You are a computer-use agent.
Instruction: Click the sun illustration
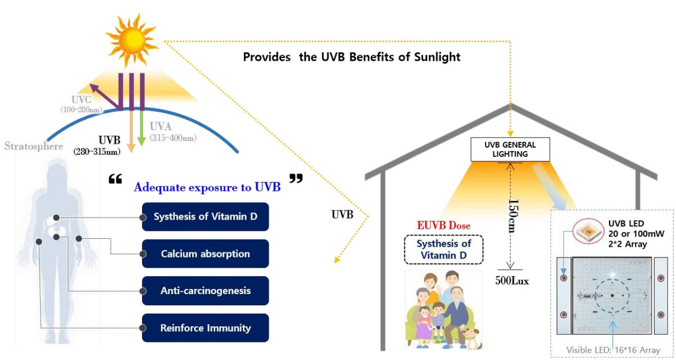coord(132,40)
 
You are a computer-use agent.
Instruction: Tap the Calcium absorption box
coord(205,254)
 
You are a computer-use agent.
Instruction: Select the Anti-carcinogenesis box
coord(205,291)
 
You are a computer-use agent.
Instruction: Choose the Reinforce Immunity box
coord(205,328)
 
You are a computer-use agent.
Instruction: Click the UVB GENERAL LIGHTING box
coord(510,149)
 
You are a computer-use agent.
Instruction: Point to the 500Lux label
coord(512,281)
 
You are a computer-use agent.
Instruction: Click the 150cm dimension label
coord(513,215)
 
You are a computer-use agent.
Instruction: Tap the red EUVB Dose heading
coord(444,225)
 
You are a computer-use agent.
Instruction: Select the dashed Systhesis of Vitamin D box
coord(444,250)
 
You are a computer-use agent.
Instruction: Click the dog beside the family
coord(471,338)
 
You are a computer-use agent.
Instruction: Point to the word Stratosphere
coord(33,146)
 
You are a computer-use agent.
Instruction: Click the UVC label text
coord(81,100)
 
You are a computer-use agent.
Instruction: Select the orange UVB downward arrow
coord(131,131)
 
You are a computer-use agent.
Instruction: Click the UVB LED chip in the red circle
coord(588,231)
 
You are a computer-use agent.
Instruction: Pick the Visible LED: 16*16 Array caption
coord(613,350)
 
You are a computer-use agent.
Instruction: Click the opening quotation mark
coord(115,179)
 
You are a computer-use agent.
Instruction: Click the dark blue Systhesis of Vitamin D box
coord(205,217)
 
